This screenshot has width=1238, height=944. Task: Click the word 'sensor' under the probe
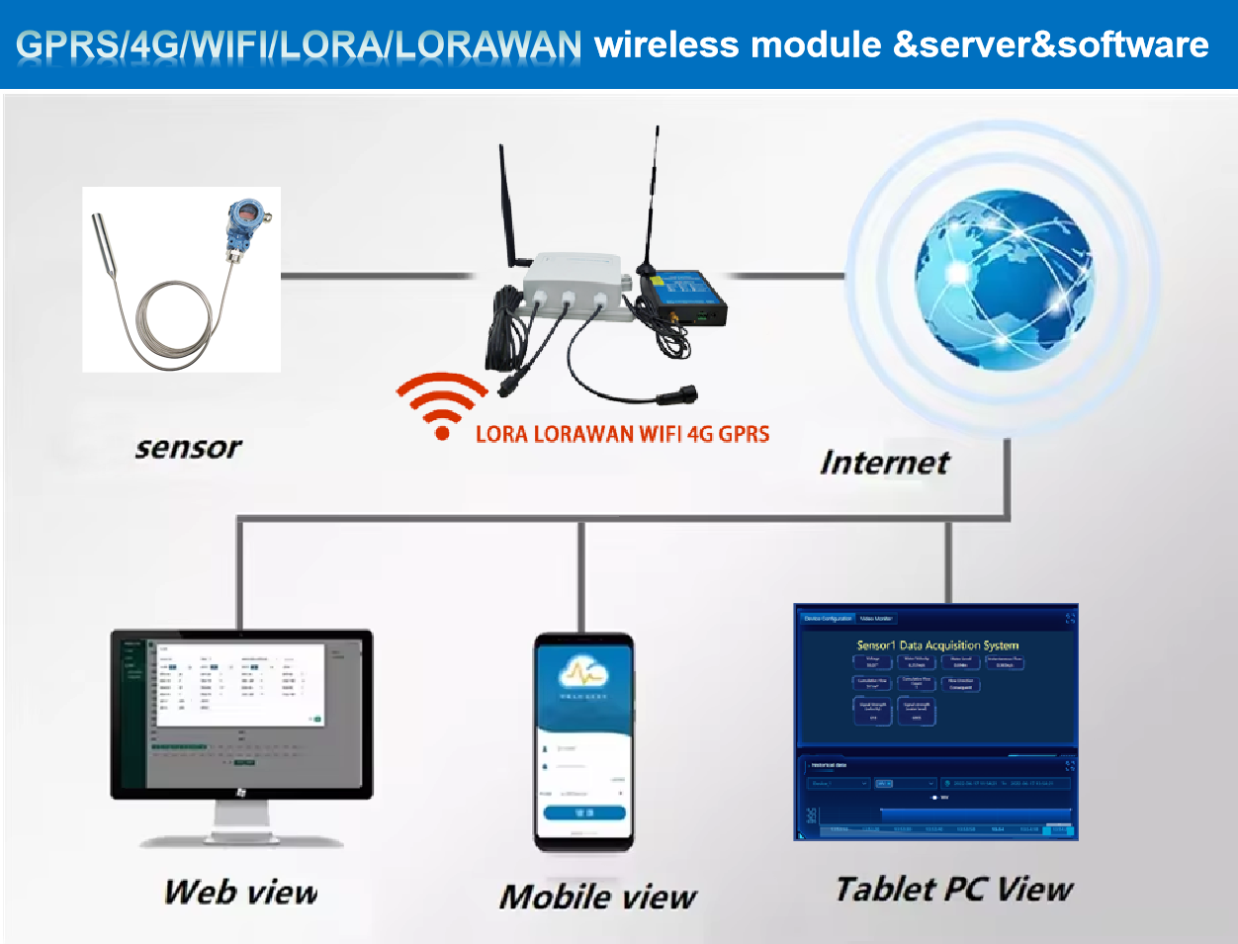(x=188, y=448)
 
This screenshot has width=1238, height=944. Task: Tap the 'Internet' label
(x=885, y=463)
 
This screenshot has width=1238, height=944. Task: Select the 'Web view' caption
(x=241, y=893)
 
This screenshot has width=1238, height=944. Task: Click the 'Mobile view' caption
(x=598, y=897)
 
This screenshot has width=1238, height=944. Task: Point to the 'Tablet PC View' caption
(x=954, y=889)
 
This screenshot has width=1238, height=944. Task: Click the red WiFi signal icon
(x=442, y=405)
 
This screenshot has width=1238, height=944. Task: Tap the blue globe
(x=1004, y=281)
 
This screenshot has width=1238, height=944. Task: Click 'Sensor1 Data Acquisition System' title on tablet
(x=937, y=645)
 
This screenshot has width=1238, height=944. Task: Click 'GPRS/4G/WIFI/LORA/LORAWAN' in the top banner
(x=299, y=45)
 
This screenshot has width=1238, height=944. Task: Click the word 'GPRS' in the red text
(x=744, y=434)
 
